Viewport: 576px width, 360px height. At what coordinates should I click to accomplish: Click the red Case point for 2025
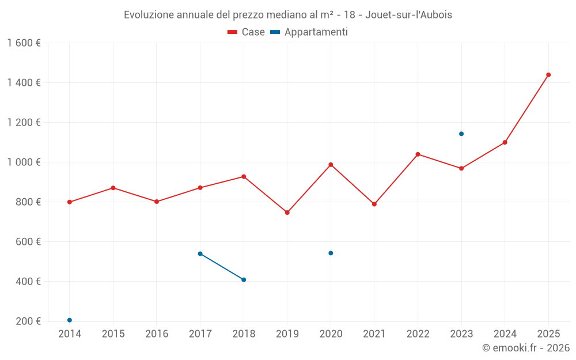pos(548,75)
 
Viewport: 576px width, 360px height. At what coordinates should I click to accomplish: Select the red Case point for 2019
pos(287,213)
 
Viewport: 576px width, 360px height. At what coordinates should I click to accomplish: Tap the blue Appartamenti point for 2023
pos(461,134)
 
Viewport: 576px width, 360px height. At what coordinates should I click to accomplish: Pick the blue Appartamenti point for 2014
pos(70,320)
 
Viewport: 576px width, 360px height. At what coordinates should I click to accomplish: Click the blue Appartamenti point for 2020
pos(331,253)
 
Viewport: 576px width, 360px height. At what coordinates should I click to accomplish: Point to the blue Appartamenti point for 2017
pos(200,253)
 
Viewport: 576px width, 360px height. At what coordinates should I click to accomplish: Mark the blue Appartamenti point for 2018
pos(244,280)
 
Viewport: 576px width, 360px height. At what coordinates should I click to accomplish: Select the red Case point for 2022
pos(418,154)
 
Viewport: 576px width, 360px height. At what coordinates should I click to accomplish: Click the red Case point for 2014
pos(70,202)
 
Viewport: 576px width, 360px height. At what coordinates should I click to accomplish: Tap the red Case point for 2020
pos(331,165)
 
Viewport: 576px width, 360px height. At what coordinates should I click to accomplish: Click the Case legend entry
pos(247,32)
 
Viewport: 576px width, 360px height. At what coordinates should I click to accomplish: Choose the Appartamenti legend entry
pos(309,32)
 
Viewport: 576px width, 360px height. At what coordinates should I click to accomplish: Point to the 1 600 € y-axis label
pos(24,43)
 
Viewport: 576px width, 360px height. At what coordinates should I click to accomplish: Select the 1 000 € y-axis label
pos(24,162)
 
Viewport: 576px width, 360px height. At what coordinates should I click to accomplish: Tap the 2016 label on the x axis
pos(157,334)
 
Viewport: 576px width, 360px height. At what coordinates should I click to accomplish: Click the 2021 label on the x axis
pos(374,334)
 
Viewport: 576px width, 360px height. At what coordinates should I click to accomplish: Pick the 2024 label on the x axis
pos(505,334)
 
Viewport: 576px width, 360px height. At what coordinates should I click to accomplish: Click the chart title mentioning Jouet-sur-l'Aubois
pos(288,15)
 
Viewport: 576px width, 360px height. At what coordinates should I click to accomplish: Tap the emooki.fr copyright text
pos(525,348)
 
